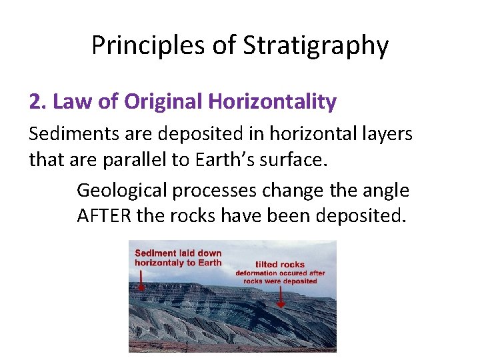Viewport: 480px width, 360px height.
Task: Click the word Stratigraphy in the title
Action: (315, 46)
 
